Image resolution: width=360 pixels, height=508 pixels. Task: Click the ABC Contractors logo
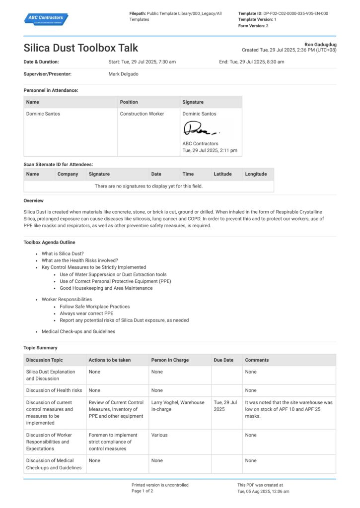click(46, 19)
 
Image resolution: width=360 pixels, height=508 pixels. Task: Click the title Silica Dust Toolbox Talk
click(81, 48)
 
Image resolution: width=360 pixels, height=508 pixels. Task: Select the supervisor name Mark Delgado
click(123, 74)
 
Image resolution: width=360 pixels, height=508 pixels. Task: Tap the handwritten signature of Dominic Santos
click(201, 129)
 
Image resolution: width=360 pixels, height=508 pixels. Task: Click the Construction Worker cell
click(142, 114)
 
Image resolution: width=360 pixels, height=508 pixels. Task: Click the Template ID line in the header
click(283, 13)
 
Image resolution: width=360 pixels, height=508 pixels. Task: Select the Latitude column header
click(222, 174)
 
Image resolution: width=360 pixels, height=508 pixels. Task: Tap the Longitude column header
click(256, 174)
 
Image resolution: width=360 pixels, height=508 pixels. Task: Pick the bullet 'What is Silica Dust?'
click(63, 254)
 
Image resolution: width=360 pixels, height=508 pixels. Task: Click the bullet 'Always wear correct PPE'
click(86, 314)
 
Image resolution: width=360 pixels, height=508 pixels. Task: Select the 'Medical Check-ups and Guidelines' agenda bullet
click(78, 331)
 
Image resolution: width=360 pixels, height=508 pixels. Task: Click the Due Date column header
click(223, 360)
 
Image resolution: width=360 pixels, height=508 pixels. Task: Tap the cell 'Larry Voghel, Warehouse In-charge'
click(178, 406)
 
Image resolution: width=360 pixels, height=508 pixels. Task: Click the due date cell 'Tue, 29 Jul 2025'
click(226, 406)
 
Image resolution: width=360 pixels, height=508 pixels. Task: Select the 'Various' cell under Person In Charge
click(159, 435)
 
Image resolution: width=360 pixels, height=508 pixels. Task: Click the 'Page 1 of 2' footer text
click(142, 491)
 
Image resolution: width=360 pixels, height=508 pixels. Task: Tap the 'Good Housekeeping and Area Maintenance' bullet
click(106, 288)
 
